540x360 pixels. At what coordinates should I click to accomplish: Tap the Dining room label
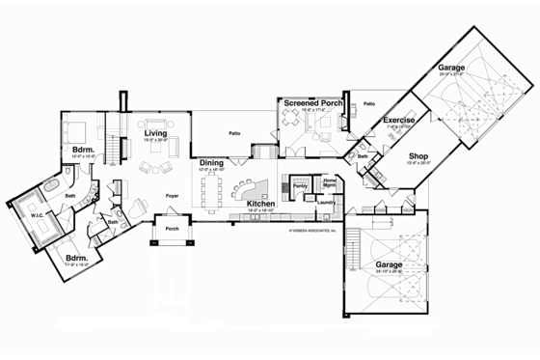point(212,163)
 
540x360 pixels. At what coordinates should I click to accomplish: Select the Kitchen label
point(262,205)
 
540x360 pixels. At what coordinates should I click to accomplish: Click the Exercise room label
point(398,121)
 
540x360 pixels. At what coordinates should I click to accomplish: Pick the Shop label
point(418,155)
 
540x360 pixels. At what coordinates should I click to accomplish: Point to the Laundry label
point(326,203)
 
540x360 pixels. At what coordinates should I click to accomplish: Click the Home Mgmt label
point(330,182)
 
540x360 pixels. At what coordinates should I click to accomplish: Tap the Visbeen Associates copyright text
point(310,231)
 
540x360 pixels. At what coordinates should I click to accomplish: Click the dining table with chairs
point(213,190)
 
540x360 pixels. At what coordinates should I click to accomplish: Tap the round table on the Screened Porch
point(291,123)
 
